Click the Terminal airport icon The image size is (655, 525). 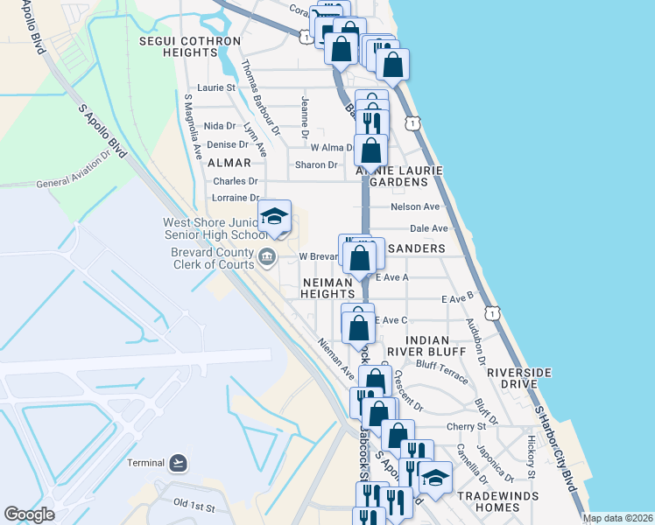click(179, 462)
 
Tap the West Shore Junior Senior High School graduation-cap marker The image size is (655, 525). click(275, 217)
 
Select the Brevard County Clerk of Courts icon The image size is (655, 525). click(267, 256)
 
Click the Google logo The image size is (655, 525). click(29, 514)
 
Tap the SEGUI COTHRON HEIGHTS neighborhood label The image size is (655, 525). click(190, 46)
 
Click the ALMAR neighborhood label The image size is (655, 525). click(230, 163)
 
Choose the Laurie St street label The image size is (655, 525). click(216, 87)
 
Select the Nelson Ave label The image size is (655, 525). click(415, 206)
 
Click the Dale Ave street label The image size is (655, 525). click(429, 228)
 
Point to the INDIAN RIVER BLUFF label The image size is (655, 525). click(428, 346)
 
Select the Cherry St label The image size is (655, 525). click(466, 426)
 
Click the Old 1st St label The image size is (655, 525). click(194, 506)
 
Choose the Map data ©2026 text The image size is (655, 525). click(617, 518)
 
